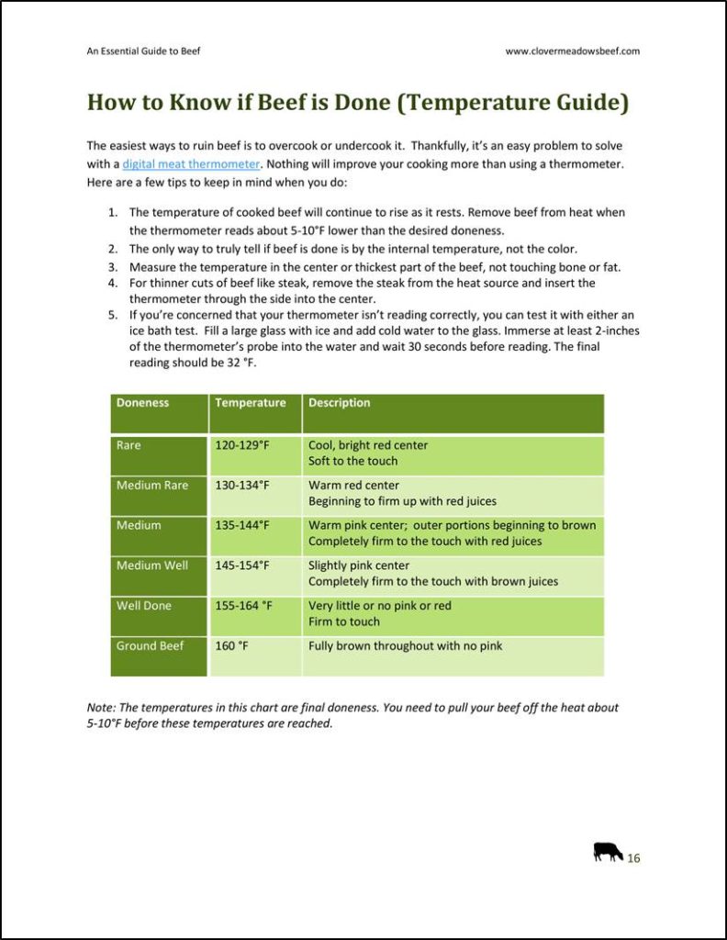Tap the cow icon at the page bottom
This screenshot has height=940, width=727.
click(x=608, y=852)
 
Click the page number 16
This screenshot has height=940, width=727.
click(x=633, y=858)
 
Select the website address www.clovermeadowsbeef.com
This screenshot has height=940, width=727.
click(x=572, y=51)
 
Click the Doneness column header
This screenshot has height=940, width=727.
click(x=142, y=403)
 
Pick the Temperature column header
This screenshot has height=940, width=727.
click(x=250, y=403)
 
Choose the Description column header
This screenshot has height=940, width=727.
click(x=340, y=403)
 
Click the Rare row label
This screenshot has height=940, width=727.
click(x=129, y=445)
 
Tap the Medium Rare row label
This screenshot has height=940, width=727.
click(x=151, y=486)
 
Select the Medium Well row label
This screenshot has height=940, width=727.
click(x=151, y=565)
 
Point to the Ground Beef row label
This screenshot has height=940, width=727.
click(x=150, y=646)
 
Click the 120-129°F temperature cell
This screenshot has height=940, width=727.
click(x=242, y=445)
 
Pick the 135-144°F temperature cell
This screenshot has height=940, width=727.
click(x=242, y=526)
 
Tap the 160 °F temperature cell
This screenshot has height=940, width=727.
click(x=231, y=646)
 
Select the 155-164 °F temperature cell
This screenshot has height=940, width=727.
click(x=244, y=606)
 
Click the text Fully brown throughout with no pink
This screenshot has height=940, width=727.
click(x=405, y=646)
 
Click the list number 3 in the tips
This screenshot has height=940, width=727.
click(x=112, y=267)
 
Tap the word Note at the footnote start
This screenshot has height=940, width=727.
click(x=98, y=708)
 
